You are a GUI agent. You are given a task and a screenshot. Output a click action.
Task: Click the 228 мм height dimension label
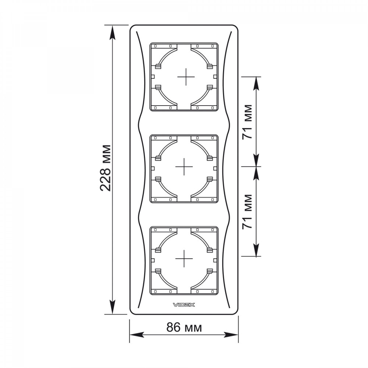click(x=105, y=168)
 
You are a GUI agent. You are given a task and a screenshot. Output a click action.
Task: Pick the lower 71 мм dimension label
click(x=247, y=212)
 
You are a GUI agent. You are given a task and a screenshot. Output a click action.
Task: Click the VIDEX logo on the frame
click(x=184, y=305)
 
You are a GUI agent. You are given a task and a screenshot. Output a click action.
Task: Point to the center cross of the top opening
click(x=186, y=77)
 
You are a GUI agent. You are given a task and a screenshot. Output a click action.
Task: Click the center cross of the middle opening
click(x=184, y=167)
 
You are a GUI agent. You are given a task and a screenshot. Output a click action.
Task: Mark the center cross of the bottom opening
click(x=184, y=259)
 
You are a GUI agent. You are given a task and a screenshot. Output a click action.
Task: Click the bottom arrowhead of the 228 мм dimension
click(x=113, y=307)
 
